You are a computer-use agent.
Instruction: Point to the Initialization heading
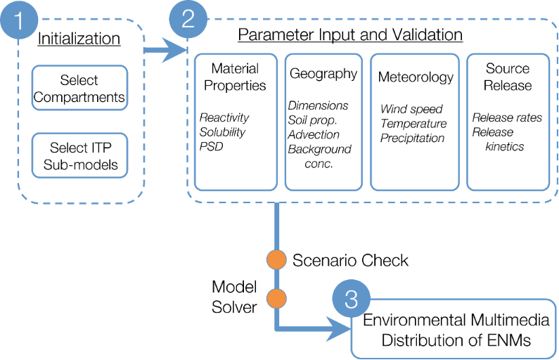[78, 39]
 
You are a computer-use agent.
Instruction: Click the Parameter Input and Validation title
[350, 35]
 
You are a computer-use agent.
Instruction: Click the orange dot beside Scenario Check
[276, 259]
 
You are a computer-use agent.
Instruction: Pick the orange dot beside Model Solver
[276, 299]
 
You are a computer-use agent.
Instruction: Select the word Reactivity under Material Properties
[224, 117]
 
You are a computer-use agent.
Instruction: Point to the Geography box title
[323, 74]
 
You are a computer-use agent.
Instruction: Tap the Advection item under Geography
[314, 135]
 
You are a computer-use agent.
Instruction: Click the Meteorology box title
[416, 77]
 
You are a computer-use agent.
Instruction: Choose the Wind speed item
[411, 110]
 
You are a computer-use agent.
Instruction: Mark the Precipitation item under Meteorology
[412, 138]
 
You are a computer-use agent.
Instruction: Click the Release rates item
[507, 118]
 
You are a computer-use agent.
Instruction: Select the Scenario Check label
[349, 260]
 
